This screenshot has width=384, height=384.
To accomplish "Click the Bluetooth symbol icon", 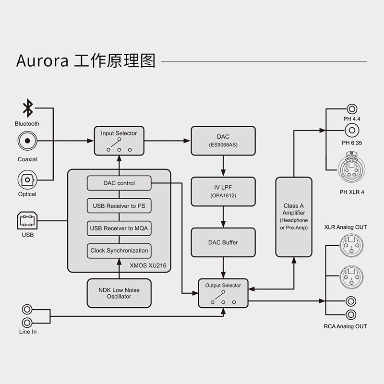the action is pos(28,108).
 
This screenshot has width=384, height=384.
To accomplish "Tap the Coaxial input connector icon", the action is pos(27,141).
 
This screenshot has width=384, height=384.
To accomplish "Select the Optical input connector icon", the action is pos(27,180).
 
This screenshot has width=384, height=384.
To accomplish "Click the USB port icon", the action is pos(27,221).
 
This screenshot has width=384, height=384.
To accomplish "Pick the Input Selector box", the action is pos(119,141).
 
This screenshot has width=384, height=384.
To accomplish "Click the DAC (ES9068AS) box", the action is pos(223,141).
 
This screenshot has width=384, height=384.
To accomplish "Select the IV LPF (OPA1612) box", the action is pos(223,192).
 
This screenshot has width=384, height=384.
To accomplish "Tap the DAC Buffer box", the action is pos(223,242).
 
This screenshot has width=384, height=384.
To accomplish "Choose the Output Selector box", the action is pos(223,293).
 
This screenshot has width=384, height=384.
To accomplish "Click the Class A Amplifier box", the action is pos(294,217).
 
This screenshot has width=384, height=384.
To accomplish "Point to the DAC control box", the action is pos(119,183).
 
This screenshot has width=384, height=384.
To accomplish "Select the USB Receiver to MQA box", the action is pos(119,228).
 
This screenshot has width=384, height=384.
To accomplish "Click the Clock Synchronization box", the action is pos(119,251).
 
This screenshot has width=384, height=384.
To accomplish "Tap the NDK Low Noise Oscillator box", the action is pos(119,293).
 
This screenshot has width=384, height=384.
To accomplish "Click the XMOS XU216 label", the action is pos(148,265).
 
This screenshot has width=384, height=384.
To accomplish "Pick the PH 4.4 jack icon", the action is pos(352,109).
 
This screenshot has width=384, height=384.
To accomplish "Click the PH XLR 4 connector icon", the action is pos(352,167).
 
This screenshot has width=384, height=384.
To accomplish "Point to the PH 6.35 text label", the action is pos(352,143).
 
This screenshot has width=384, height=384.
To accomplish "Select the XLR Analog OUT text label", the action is pos(346,227).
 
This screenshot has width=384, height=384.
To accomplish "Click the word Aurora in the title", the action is pos(42,61).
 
